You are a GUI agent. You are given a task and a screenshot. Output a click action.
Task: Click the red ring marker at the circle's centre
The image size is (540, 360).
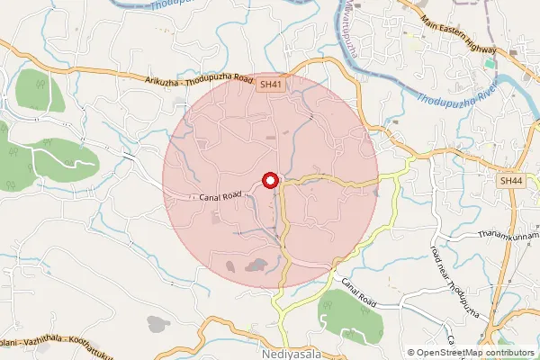[270, 181]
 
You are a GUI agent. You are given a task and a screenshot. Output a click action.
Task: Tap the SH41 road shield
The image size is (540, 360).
[270, 84]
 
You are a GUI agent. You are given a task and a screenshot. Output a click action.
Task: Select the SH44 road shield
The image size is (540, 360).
[511, 181]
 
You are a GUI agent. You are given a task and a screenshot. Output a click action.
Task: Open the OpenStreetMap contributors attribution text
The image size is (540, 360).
[477, 353]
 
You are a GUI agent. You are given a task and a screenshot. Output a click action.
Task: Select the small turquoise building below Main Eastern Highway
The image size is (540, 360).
[490, 63]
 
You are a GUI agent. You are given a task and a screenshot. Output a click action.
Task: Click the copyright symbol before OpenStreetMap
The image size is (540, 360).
[411, 353]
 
